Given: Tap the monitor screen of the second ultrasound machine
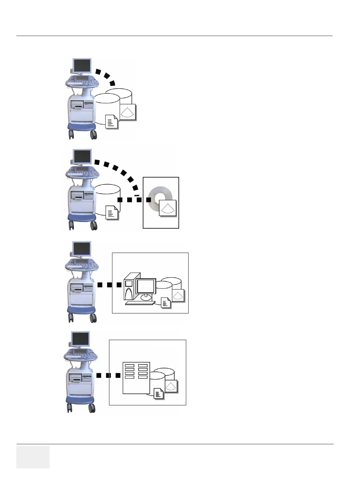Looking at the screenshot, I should [82, 157].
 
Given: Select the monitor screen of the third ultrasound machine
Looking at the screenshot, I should [82, 249].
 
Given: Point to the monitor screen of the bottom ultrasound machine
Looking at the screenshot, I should [80, 339].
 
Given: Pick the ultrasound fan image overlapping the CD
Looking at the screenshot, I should [168, 208].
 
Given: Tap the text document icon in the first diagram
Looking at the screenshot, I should [111, 122].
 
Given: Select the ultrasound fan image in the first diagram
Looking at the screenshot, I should [128, 112].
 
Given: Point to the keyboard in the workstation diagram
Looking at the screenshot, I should [140, 303].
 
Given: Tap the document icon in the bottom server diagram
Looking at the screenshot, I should [159, 394].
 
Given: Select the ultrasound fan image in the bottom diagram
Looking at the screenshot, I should [171, 386].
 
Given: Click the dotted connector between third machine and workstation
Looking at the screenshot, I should [109, 285].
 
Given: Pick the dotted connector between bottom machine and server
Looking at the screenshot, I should [108, 375].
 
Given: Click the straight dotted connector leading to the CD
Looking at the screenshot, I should [134, 200].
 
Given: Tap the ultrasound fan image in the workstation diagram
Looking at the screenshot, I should [178, 295].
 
